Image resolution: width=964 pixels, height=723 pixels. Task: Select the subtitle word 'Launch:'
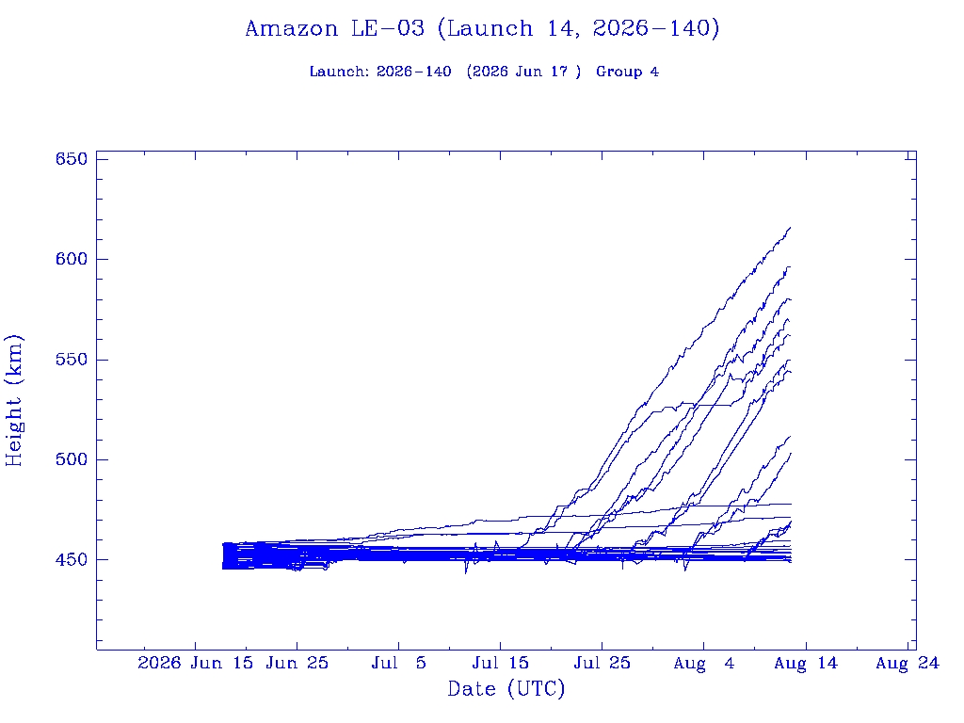point(339,72)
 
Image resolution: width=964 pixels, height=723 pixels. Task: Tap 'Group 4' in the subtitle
point(627,72)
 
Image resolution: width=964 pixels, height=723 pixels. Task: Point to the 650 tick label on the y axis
point(72,158)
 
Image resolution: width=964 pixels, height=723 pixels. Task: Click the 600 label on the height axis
point(72,259)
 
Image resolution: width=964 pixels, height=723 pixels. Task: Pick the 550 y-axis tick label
point(72,359)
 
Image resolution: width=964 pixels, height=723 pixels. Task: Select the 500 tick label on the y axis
point(72,459)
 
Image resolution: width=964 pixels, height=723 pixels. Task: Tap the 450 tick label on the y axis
point(72,559)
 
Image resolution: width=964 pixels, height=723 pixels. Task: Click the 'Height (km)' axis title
point(13,400)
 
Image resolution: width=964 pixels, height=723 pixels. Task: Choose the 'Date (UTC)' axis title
point(506,688)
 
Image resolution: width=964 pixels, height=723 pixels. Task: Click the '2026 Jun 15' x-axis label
point(195,663)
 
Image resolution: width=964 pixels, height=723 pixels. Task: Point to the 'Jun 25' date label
point(297,663)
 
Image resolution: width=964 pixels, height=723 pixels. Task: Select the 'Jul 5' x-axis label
point(398,663)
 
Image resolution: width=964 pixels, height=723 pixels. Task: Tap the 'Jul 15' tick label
point(501,663)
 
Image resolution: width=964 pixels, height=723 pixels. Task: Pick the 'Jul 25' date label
point(602,663)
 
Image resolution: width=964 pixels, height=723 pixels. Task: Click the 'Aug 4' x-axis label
point(704,663)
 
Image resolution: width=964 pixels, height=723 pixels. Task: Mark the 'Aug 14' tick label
point(806,663)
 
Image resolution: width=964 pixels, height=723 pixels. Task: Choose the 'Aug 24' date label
point(908,663)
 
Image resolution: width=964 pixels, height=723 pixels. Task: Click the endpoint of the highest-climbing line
point(790,228)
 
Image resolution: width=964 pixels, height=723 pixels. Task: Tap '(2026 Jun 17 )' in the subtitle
point(523,72)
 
